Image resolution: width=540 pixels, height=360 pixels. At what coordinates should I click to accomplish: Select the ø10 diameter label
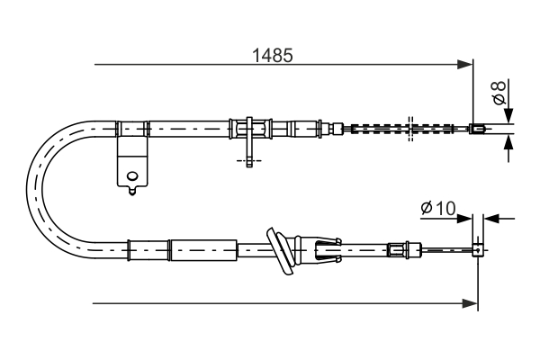438,209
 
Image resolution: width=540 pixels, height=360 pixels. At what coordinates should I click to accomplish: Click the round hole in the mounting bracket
132,176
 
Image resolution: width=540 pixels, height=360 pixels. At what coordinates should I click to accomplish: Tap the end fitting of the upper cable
481,128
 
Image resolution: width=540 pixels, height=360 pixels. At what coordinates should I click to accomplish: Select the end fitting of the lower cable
479,248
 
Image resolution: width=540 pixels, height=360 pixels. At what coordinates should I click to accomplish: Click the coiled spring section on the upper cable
378,128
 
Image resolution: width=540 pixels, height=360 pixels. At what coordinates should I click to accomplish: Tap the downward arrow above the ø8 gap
508,115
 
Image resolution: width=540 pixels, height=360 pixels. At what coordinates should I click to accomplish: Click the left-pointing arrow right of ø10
490,218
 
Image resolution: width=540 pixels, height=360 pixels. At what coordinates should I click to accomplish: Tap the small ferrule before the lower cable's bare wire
397,247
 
